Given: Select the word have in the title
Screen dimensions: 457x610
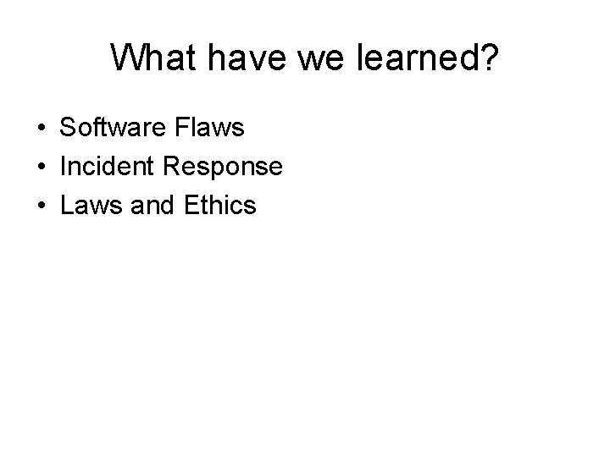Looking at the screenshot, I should [x=225, y=58].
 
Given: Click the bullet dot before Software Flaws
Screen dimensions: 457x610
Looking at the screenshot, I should [x=41, y=129].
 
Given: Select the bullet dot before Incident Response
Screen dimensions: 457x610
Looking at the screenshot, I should [x=41, y=167].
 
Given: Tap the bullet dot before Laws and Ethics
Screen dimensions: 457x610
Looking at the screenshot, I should [x=41, y=205].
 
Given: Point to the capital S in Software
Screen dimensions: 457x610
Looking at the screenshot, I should [x=68, y=128].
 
